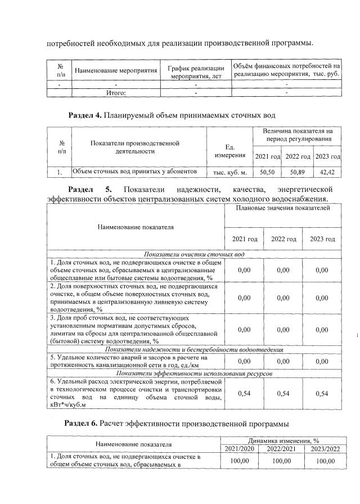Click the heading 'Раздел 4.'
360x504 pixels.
coord(84,115)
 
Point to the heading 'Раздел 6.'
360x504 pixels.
coord(82,422)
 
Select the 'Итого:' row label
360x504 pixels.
coord(116,93)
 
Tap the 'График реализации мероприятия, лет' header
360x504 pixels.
coord(196,71)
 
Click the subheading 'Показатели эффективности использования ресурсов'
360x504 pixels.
coord(194,373)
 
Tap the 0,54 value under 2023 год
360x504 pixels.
coord(322,393)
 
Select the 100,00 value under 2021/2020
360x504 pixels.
coord(244,461)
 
